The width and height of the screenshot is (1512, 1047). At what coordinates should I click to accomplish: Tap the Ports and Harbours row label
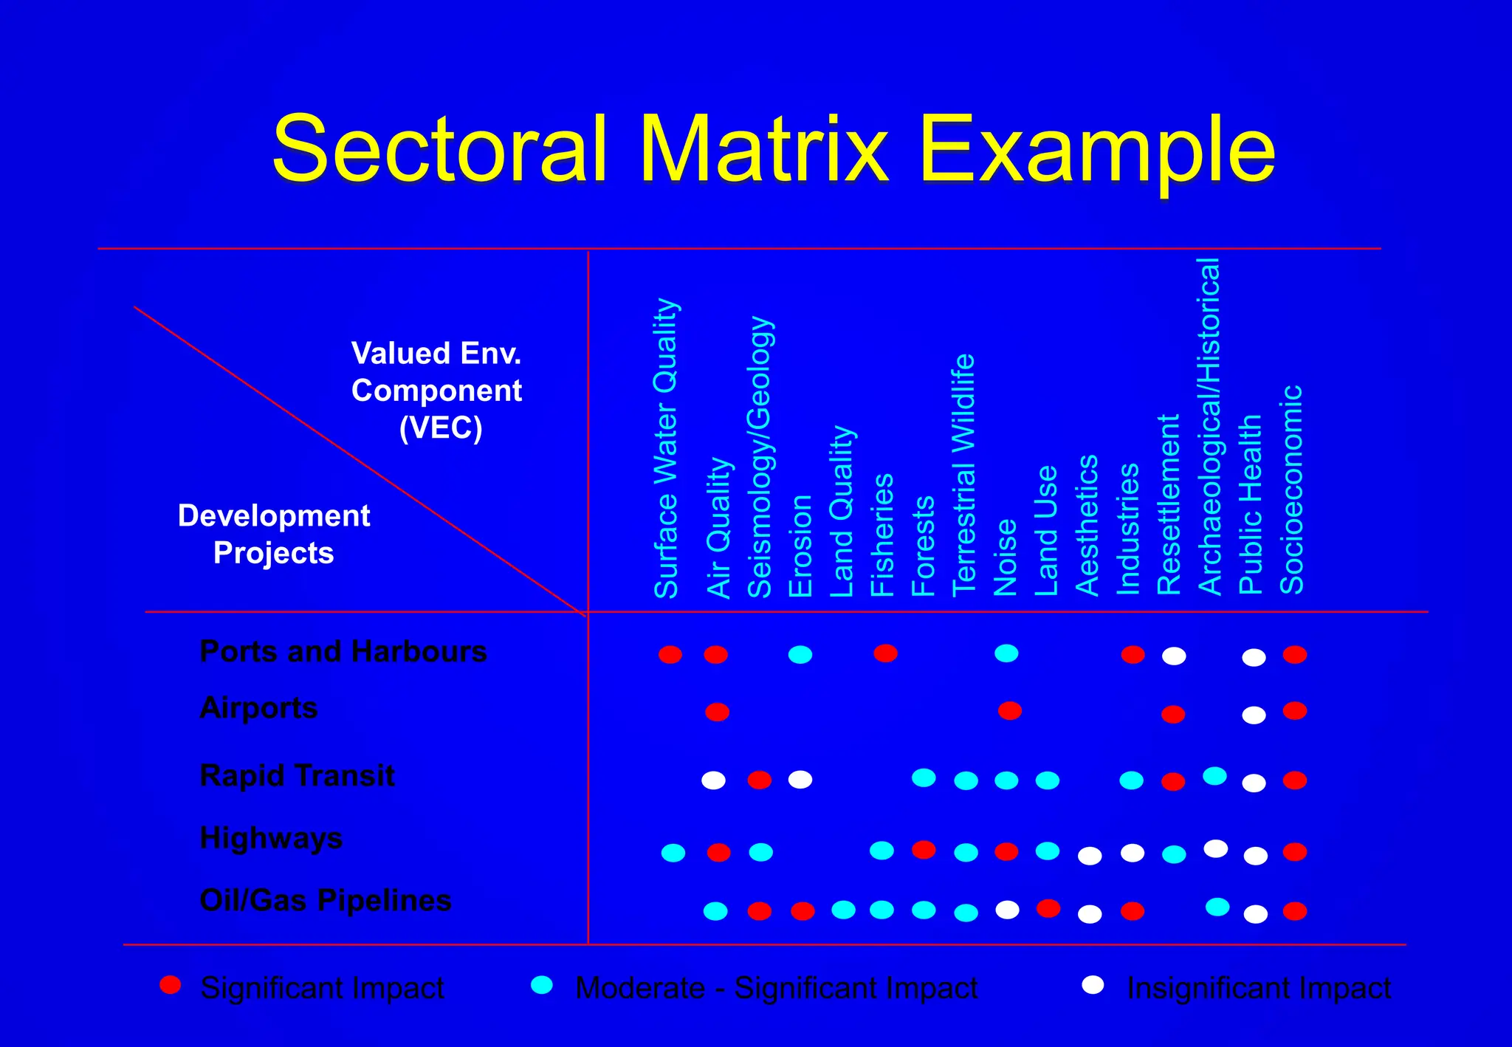[x=343, y=651]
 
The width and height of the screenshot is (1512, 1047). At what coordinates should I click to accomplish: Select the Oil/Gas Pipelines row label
[x=326, y=900]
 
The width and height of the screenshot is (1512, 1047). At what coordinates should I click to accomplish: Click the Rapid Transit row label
[x=298, y=775]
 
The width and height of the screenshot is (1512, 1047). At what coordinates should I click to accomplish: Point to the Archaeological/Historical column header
[x=1209, y=427]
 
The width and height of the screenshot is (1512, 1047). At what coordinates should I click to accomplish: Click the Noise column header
[x=1006, y=557]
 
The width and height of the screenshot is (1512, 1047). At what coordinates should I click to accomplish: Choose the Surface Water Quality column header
[x=666, y=448]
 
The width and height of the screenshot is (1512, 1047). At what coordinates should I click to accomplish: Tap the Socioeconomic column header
[x=1291, y=490]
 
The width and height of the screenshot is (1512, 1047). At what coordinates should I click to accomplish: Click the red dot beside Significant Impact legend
[x=171, y=985]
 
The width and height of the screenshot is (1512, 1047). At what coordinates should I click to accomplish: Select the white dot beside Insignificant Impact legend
[x=1093, y=985]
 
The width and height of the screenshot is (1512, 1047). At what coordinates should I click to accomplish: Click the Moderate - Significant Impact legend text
[x=776, y=988]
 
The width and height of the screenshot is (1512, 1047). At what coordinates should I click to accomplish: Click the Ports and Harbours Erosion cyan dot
[x=800, y=654]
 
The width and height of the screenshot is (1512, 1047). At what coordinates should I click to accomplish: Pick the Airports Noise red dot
[x=1010, y=710]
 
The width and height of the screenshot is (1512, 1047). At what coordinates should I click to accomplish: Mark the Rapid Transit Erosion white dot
[x=800, y=780]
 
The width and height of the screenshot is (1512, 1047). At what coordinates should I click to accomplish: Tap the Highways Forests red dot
[x=924, y=850]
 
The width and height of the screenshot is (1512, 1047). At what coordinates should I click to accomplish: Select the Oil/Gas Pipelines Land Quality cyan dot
[x=843, y=910]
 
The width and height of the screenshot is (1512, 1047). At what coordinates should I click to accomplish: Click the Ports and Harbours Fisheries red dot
[x=885, y=653]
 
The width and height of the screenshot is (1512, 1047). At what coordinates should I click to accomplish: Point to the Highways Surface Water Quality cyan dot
[x=673, y=853]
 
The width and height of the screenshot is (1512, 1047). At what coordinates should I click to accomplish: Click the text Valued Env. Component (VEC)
[x=437, y=390]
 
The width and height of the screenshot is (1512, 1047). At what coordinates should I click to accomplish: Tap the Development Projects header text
[x=274, y=534]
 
